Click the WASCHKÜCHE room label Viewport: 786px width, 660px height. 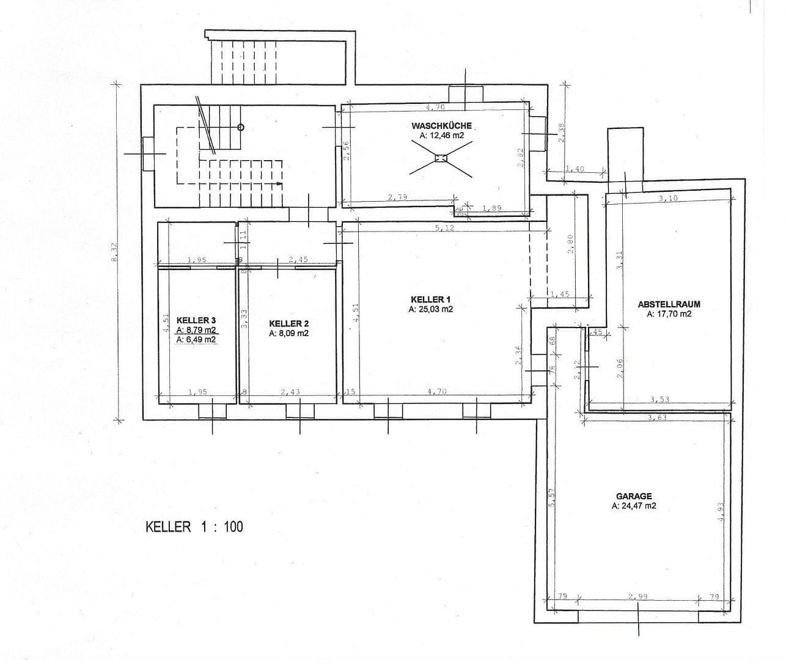click(x=441, y=125)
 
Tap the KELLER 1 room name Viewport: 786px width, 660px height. click(x=430, y=299)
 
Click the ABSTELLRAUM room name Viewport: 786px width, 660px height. click(x=669, y=304)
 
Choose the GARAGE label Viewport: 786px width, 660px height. click(x=634, y=496)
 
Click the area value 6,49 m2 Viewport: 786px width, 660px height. click(x=196, y=340)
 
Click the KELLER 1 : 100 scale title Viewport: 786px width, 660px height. click(x=194, y=526)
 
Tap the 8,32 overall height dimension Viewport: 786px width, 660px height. click(x=114, y=251)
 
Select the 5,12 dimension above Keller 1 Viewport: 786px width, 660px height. click(x=444, y=227)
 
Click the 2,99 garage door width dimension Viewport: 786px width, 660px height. click(x=637, y=596)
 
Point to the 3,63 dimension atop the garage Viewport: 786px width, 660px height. click(x=658, y=418)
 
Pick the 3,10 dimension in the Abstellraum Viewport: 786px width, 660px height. click(x=669, y=199)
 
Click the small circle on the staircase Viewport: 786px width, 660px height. click(x=241, y=127)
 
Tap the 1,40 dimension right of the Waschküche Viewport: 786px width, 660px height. click(x=575, y=169)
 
